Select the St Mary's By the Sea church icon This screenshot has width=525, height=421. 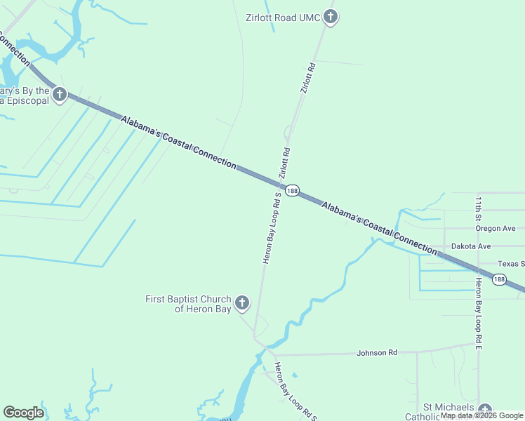[x=59, y=94]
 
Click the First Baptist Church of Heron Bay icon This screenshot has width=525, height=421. [x=241, y=303]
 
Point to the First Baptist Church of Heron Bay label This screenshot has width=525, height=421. [x=187, y=304]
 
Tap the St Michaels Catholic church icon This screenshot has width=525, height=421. [x=484, y=410]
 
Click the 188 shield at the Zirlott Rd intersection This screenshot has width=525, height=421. [x=293, y=190]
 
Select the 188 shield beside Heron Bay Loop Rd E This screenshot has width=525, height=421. [x=498, y=280]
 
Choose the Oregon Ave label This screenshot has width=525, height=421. [x=495, y=228]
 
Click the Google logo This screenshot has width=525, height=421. [x=23, y=413]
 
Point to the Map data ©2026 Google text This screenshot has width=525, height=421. [x=481, y=415]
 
